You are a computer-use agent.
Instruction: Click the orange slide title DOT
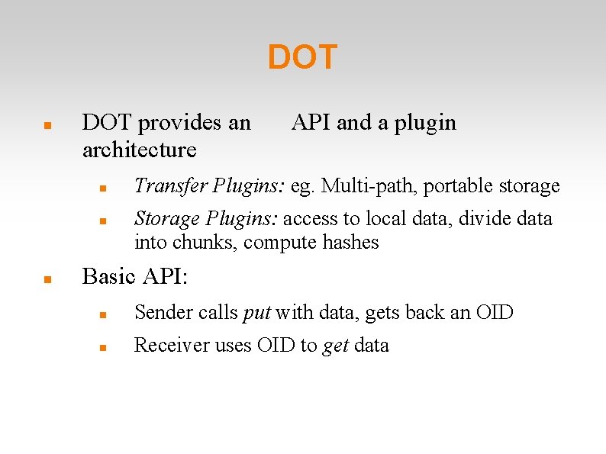click(302, 58)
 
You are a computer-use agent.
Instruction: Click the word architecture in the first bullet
click(139, 150)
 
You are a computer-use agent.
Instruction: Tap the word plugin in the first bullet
click(425, 123)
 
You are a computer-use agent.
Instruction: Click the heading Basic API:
click(134, 276)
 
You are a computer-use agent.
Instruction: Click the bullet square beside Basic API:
click(47, 279)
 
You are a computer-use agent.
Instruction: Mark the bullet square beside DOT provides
click(47, 126)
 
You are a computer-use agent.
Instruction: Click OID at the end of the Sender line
click(493, 312)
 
